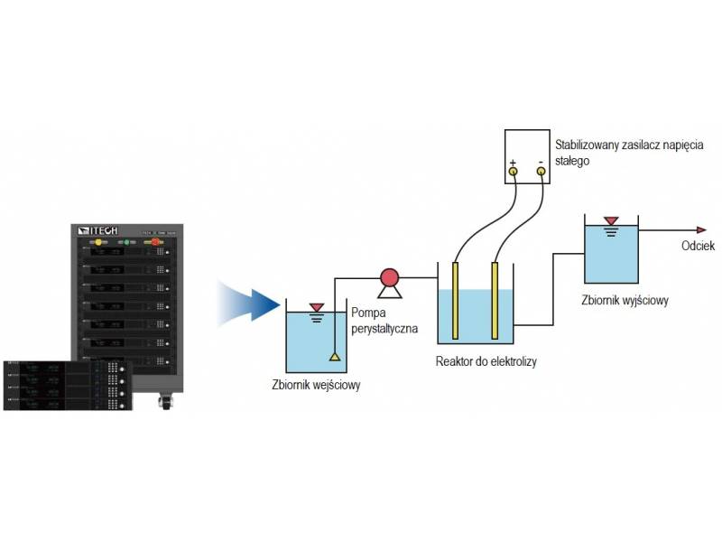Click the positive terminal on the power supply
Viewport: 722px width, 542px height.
point(513,170)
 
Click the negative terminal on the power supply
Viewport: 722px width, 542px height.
point(541,170)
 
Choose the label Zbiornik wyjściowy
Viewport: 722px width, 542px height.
point(625,301)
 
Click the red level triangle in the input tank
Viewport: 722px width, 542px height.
point(317,308)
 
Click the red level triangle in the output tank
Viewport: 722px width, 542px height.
point(611,220)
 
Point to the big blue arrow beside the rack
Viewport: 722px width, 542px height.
point(248,303)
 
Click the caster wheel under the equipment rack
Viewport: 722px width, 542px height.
point(166,398)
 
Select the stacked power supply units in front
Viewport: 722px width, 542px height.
point(67,384)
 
